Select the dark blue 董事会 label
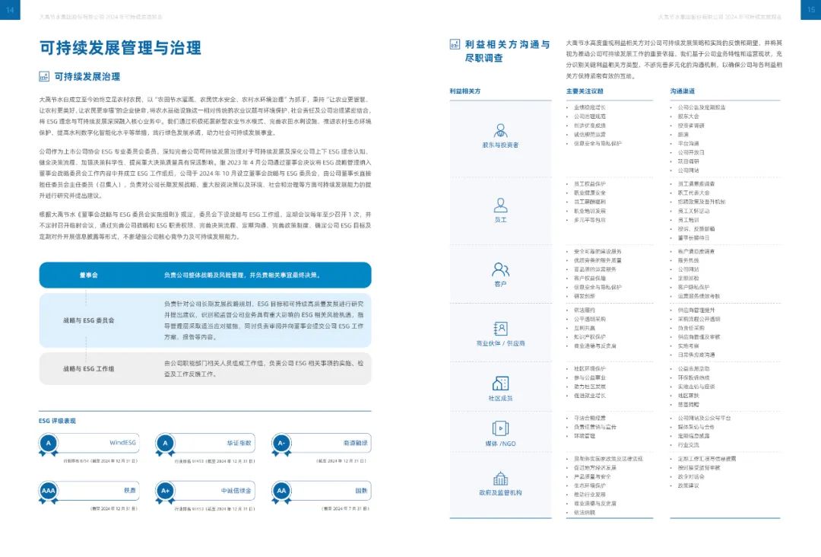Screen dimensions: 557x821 [x=88, y=275]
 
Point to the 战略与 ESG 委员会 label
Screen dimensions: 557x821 [x=88, y=320]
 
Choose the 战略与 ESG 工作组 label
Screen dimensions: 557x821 [x=88, y=368]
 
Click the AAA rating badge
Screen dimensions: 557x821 [x=49, y=491]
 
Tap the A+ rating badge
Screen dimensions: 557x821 [x=165, y=491]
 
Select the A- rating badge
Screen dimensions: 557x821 [x=281, y=443]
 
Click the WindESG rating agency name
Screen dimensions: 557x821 [x=122, y=442]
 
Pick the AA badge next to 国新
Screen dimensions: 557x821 [x=281, y=491]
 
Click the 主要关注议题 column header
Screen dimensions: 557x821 [x=584, y=91]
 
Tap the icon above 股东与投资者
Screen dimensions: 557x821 [x=499, y=129]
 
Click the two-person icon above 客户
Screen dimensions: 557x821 [x=499, y=269]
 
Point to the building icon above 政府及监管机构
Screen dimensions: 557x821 [x=499, y=479]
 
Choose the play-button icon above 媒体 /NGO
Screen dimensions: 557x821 [x=499, y=428]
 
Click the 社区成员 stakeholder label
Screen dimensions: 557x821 [x=499, y=398]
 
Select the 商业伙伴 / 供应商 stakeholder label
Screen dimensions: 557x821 [x=499, y=343]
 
